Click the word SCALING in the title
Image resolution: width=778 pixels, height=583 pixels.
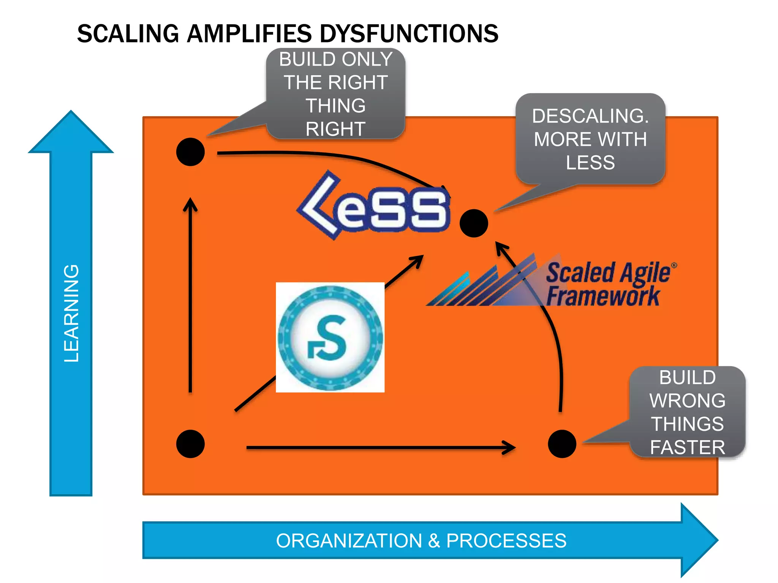pyautogui.click(x=128, y=33)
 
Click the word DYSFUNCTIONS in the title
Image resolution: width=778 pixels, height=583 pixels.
pyautogui.click(x=409, y=33)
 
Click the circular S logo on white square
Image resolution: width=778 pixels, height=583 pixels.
pyautogui.click(x=330, y=337)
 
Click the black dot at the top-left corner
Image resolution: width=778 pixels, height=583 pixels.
pyautogui.click(x=190, y=152)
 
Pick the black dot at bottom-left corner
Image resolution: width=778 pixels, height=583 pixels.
pyautogui.click(x=190, y=444)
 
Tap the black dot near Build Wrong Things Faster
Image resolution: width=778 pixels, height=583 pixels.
pyautogui.click(x=562, y=444)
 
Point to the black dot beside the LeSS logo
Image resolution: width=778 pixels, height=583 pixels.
pyautogui.click(x=473, y=223)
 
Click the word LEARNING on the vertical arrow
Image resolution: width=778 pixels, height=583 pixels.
pyautogui.click(x=71, y=313)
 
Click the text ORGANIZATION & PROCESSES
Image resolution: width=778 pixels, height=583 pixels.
pyautogui.click(x=421, y=540)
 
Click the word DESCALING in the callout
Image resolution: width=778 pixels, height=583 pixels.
pyautogui.click(x=590, y=116)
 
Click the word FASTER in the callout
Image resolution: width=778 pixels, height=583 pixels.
pyautogui.click(x=687, y=447)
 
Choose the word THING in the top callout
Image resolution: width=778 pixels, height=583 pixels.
pyautogui.click(x=336, y=106)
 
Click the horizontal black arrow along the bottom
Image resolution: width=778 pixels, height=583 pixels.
pyautogui.click(x=380, y=448)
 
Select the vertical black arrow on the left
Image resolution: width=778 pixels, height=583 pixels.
pyautogui.click(x=190, y=296)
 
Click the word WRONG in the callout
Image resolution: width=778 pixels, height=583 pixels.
pyautogui.click(x=687, y=401)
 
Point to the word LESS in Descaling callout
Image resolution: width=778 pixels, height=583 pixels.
pyautogui.click(x=590, y=162)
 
